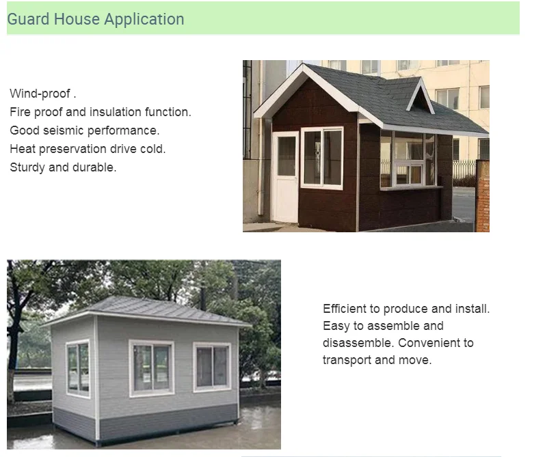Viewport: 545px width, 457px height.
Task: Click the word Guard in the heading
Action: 28,19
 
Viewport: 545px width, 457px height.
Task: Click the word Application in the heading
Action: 144,20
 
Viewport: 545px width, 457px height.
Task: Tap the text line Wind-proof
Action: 43,94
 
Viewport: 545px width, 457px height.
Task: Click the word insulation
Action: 115,112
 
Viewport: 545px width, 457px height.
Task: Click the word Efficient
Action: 344,308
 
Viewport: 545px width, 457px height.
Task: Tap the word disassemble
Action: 358,343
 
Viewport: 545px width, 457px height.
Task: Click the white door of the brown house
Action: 286,177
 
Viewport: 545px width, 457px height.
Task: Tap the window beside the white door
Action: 322,158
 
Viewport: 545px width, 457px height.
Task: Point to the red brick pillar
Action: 483,196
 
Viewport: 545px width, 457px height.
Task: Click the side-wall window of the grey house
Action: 78,368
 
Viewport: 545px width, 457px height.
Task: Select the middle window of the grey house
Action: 152,368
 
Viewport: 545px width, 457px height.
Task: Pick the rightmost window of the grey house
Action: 212,367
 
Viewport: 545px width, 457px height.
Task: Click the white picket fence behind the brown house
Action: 464,169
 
